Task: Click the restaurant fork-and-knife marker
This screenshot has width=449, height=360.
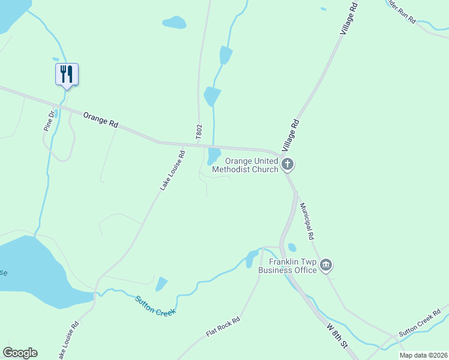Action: [67, 74]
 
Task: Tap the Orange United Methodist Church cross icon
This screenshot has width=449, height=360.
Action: [288, 164]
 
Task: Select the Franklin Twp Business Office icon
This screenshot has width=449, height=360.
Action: [326, 265]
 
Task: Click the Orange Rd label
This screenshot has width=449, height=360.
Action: [100, 119]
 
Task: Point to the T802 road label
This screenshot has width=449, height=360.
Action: [199, 133]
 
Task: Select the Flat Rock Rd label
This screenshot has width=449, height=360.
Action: [223, 326]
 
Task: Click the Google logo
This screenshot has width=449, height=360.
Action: [20, 353]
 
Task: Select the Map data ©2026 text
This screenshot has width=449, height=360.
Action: [423, 355]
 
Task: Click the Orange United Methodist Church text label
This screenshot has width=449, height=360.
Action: [252, 165]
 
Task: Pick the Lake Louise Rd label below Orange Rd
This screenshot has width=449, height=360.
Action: [172, 170]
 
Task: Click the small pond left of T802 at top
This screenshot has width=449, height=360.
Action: [174, 23]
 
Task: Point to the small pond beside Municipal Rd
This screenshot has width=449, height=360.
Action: [292, 247]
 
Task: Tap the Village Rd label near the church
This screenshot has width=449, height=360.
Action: [291, 134]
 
